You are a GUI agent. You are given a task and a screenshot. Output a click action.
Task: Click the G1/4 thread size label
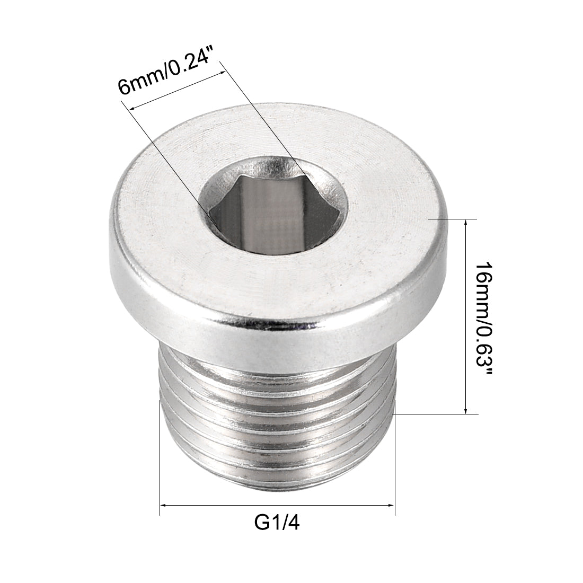click(278, 523)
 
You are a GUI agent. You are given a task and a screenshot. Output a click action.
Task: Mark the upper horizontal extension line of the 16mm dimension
click(453, 218)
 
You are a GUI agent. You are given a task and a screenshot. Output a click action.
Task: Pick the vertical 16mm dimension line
click(465, 318)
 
